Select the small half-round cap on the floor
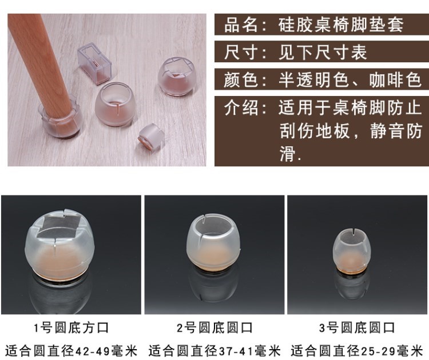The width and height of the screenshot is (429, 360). click(152, 137)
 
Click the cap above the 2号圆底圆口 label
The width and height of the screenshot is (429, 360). click(214, 241)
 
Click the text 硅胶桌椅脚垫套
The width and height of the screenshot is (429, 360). click(341, 25)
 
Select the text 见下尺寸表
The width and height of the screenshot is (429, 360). click(323, 52)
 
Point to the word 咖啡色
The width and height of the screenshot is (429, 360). click(395, 80)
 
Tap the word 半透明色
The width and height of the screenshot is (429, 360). click(314, 80)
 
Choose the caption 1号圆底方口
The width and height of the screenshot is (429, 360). click(71, 328)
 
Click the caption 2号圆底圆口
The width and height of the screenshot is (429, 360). click(214, 328)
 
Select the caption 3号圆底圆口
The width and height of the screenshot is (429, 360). click(357, 328)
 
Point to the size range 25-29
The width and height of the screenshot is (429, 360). click(379, 351)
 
